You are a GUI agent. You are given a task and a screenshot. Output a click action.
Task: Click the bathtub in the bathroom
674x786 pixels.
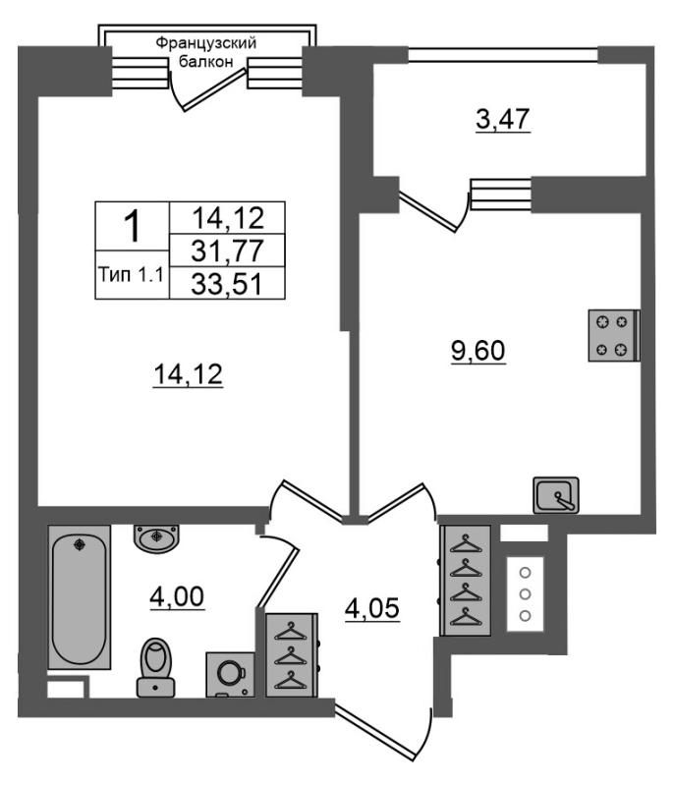(80, 597)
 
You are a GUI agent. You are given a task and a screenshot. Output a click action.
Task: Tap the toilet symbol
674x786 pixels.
(156, 667)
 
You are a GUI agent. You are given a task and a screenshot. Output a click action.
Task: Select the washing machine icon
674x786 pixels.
(230, 674)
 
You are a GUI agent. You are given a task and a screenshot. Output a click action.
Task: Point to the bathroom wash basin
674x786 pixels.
(156, 538)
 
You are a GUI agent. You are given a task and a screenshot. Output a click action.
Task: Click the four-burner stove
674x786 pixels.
(614, 336)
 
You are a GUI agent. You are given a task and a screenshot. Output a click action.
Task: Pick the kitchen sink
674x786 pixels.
(556, 495)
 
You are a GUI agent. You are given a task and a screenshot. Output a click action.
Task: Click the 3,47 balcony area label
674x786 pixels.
(503, 120)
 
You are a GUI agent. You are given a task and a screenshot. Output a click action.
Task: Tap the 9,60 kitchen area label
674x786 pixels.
(478, 351)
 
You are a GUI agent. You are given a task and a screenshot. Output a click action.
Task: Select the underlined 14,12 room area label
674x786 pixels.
(188, 375)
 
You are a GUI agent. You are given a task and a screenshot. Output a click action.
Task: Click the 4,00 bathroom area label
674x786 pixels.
(177, 597)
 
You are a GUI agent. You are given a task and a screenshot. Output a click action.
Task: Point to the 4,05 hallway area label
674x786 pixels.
(371, 609)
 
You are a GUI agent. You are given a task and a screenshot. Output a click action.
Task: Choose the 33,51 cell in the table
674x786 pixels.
(228, 284)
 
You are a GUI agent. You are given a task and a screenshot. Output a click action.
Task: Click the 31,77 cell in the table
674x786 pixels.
(228, 251)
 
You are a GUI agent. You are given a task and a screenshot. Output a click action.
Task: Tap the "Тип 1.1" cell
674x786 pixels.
(132, 275)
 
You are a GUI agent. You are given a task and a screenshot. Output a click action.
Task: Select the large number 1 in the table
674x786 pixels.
(132, 227)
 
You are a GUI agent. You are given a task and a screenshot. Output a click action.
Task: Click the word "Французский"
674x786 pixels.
(206, 43)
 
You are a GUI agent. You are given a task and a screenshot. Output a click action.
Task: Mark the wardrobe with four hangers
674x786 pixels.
(466, 581)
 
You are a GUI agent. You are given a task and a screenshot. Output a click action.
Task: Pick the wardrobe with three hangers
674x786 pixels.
(292, 654)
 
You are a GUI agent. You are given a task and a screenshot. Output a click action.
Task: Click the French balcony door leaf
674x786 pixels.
(214, 89)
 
